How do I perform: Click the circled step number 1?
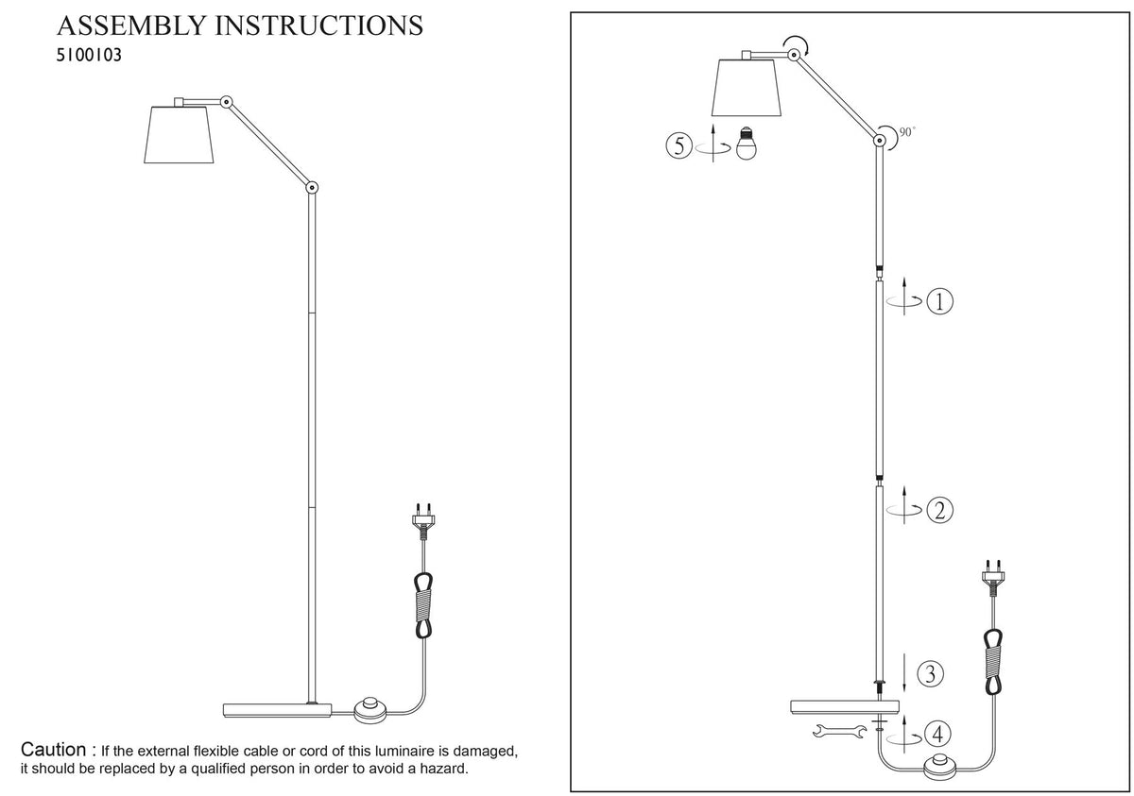[939, 301]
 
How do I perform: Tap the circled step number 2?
[939, 510]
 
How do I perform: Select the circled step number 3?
[931, 673]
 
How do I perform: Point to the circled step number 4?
[937, 734]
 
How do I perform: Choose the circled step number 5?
[679, 145]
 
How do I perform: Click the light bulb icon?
[746, 144]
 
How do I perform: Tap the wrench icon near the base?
[839, 731]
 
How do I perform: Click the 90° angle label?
[907, 132]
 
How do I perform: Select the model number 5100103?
[89, 55]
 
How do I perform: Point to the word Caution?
[53, 749]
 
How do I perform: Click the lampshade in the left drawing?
[179, 134]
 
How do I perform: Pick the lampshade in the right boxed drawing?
[747, 88]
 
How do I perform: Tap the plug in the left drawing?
[423, 521]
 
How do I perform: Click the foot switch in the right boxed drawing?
[941, 768]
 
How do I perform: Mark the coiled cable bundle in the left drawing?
[423, 605]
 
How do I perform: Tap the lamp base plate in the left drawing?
[278, 710]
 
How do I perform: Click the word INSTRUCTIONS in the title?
[319, 25]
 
